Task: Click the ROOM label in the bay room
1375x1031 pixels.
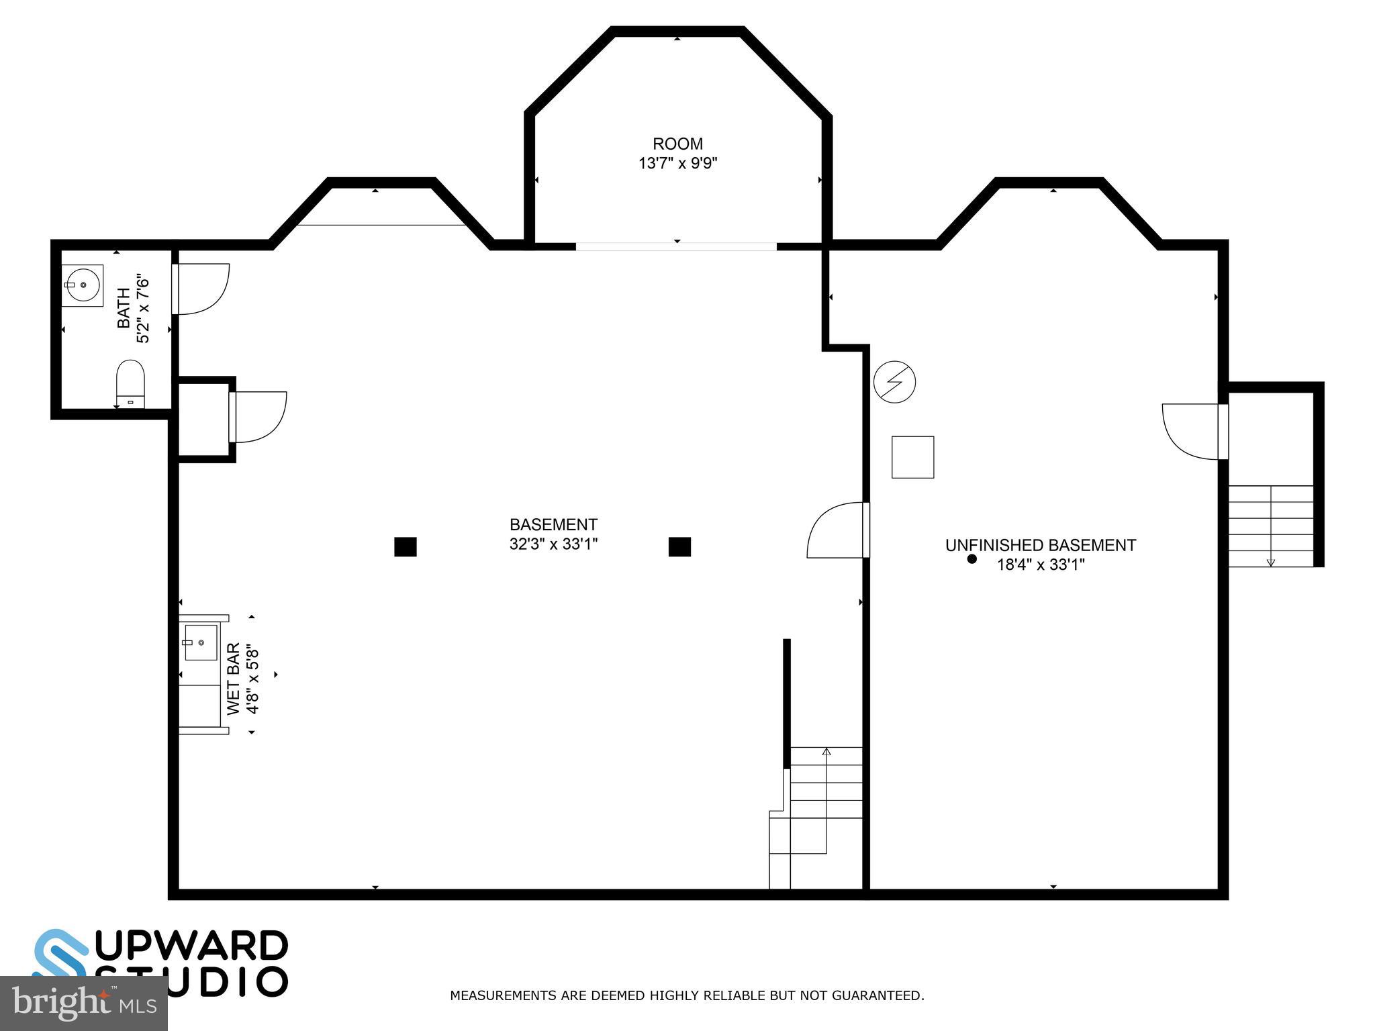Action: pyautogui.click(x=677, y=144)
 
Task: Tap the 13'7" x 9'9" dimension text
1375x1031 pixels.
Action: pyautogui.click(x=677, y=163)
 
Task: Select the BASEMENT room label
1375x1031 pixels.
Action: pyautogui.click(x=553, y=524)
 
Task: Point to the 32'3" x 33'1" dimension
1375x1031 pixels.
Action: pyautogui.click(x=553, y=544)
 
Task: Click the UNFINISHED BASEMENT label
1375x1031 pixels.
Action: pyautogui.click(x=1040, y=545)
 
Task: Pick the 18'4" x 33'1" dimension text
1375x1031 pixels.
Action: pyautogui.click(x=1040, y=564)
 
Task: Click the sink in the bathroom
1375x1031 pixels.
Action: pyautogui.click(x=82, y=285)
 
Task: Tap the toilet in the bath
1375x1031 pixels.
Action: pyautogui.click(x=130, y=384)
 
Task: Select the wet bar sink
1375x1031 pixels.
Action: pyautogui.click(x=201, y=642)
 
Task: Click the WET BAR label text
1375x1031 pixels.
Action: pyautogui.click(x=233, y=679)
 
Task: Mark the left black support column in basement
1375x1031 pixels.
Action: pyautogui.click(x=405, y=547)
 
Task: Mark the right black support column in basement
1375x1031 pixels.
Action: pyautogui.click(x=679, y=547)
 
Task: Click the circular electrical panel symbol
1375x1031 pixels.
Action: pyautogui.click(x=894, y=382)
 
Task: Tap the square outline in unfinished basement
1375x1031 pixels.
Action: pyautogui.click(x=912, y=457)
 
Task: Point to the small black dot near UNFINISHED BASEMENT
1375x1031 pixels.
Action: pyautogui.click(x=971, y=558)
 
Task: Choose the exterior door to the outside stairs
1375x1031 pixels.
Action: pyautogui.click(x=1192, y=431)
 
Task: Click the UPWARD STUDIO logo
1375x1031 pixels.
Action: pyautogui.click(x=161, y=963)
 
